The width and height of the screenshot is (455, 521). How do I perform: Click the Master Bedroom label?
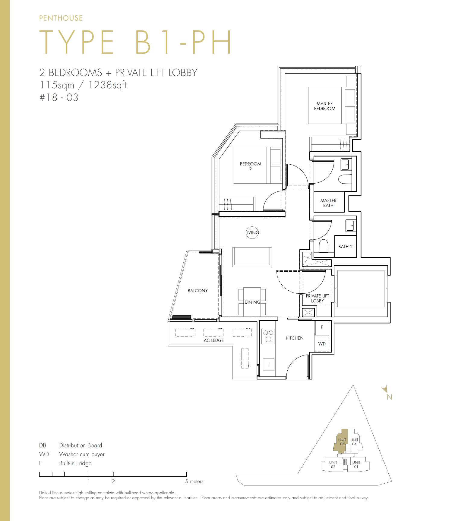pos(324,106)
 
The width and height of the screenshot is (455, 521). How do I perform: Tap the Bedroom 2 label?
pos(250,166)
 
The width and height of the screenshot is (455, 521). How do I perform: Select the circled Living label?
pos(252,232)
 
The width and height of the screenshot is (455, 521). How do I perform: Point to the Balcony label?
pos(197,291)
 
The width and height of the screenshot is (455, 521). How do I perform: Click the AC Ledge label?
pos(214,340)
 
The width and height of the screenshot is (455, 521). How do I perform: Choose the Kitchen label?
pos(295,338)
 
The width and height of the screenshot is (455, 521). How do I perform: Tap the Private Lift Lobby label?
pos(317,298)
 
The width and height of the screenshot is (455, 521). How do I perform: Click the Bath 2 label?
pos(345,247)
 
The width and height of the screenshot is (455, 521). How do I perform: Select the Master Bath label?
pos(328,203)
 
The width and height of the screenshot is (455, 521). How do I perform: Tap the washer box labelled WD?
pos(321,344)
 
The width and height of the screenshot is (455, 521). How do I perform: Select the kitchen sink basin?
pos(268,365)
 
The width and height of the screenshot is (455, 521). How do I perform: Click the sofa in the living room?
pos(252,257)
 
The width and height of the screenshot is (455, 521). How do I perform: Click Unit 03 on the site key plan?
pos(342,442)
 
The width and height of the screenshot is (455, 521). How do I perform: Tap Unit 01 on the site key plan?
pos(356,465)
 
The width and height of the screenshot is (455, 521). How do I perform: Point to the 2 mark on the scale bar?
pos(113,481)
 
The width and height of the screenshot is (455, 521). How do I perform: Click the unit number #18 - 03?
pos(59,98)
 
